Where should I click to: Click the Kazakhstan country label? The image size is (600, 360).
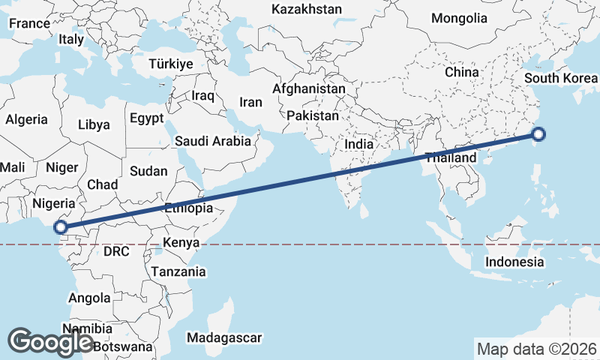(x=307, y=10)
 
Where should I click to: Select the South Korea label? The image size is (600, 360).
(x=561, y=78)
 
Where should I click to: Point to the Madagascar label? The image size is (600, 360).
(x=225, y=337)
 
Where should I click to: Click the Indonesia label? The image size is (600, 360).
(x=514, y=262)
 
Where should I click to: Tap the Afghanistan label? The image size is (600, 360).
(x=309, y=88)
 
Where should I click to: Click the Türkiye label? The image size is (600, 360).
(x=171, y=64)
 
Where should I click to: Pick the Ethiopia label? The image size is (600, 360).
(x=188, y=208)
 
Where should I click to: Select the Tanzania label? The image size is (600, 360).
(x=178, y=271)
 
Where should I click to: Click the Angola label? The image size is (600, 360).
(x=89, y=298)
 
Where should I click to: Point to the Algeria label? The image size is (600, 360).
(x=26, y=119)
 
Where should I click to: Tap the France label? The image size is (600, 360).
(x=29, y=23)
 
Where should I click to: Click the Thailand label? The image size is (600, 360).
(x=450, y=158)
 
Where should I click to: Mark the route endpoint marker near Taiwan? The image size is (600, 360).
(x=538, y=135)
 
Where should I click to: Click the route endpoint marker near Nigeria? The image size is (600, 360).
(x=61, y=227)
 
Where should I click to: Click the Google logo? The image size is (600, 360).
(x=51, y=341)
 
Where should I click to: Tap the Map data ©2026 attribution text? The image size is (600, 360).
(x=536, y=349)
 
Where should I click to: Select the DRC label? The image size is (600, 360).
(x=116, y=250)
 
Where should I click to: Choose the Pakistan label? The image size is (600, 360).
(x=313, y=116)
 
